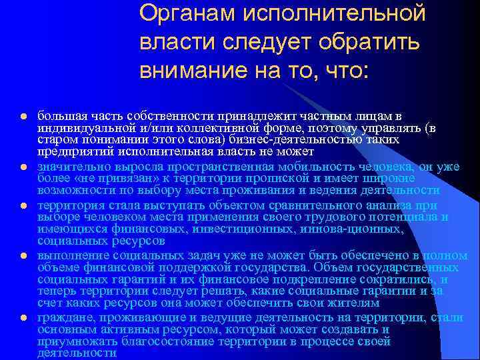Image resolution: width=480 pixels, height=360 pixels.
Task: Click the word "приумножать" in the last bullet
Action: click(71, 341)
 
